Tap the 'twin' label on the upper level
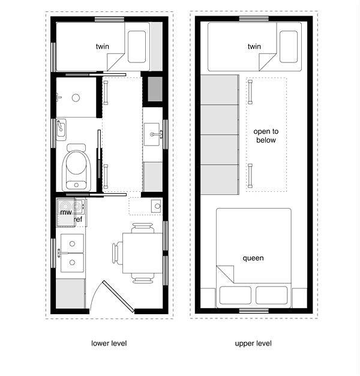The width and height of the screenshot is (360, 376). click(254, 46)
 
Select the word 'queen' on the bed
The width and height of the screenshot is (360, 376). click(253, 258)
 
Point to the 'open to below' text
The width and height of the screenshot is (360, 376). click(266, 136)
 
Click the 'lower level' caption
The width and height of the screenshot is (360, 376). click(109, 344)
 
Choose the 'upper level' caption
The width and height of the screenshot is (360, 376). click(253, 344)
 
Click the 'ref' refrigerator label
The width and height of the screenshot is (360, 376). click(78, 220)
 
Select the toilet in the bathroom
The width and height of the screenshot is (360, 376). click(76, 167)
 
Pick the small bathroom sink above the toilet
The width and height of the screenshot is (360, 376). click(62, 128)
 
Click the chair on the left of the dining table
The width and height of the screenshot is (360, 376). click(116, 251)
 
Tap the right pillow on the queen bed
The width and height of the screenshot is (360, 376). click(272, 295)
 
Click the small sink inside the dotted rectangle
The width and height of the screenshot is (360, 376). click(156, 206)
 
